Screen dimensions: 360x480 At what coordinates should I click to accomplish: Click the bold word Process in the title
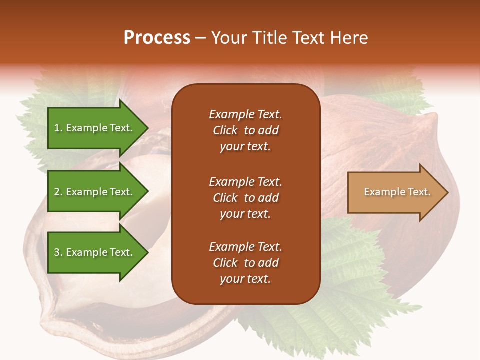click(x=157, y=38)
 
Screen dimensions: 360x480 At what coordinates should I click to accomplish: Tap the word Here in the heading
click(x=349, y=38)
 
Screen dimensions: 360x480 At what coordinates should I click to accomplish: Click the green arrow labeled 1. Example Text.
click(x=95, y=128)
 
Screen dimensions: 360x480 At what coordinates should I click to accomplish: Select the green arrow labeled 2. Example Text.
click(x=95, y=192)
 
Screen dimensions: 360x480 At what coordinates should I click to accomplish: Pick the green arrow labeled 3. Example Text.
click(x=95, y=252)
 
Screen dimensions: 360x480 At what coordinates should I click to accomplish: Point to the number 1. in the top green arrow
click(x=58, y=128)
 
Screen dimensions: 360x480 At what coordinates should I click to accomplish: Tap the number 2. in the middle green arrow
click(x=58, y=192)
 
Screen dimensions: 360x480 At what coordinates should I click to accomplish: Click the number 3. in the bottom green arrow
click(x=58, y=252)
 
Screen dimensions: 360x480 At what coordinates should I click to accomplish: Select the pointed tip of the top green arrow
click(x=146, y=128)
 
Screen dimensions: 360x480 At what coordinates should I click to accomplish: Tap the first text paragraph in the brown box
click(x=245, y=130)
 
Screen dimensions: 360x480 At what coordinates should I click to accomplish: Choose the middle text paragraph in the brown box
click(x=245, y=198)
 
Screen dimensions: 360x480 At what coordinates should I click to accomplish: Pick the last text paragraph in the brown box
click(x=245, y=263)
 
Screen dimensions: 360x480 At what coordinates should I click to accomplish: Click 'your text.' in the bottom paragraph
click(x=245, y=279)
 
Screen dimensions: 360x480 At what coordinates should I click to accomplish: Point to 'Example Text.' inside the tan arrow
click(x=397, y=192)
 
